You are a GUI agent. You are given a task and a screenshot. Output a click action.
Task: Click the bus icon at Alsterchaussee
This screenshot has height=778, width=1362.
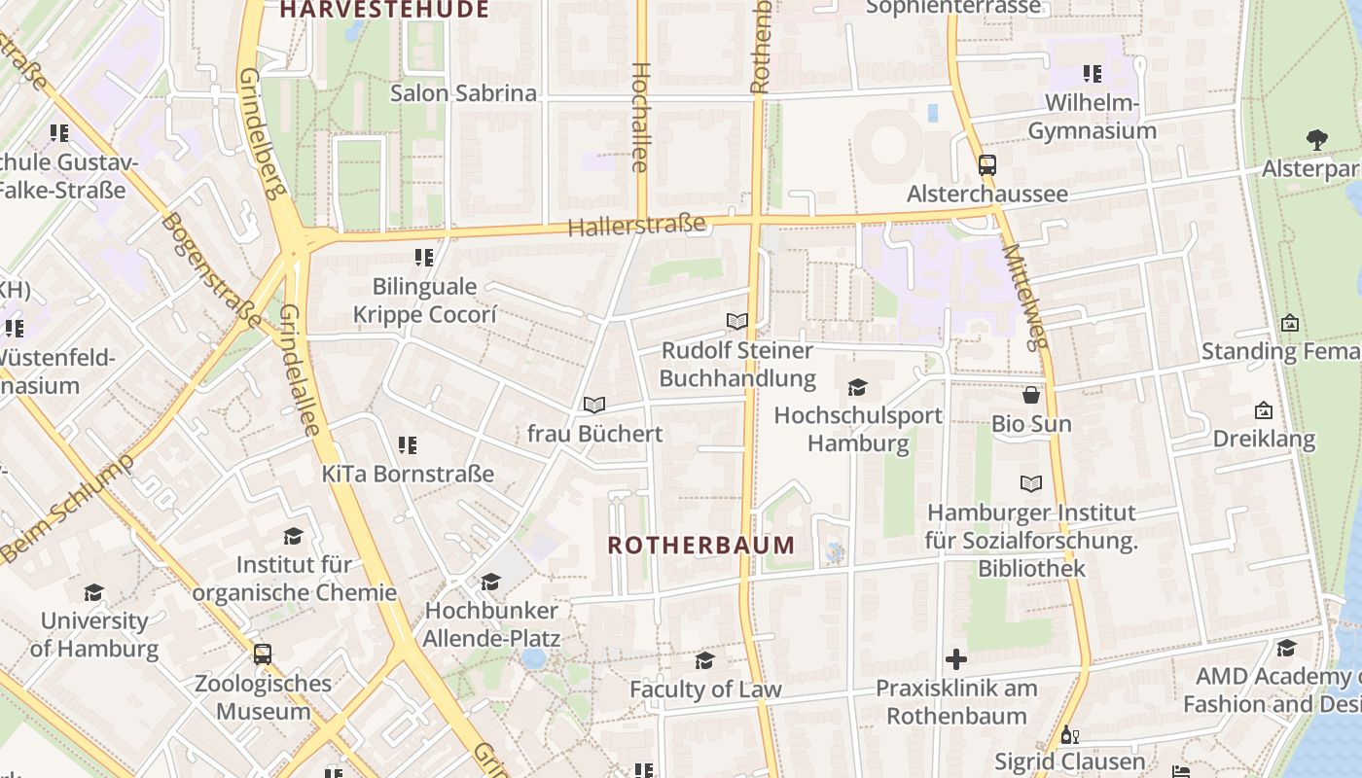(x=986, y=164)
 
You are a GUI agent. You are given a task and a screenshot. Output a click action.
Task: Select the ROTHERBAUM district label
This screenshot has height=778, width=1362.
(x=701, y=545)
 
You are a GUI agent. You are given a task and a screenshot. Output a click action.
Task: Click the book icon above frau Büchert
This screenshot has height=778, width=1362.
(x=594, y=405)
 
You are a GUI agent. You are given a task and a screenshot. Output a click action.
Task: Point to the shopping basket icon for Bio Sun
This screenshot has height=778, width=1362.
(x=1031, y=395)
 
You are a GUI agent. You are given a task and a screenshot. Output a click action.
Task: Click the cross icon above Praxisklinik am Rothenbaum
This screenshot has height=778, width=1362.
(x=956, y=659)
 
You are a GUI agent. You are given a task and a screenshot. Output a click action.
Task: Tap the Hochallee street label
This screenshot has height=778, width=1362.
(x=640, y=117)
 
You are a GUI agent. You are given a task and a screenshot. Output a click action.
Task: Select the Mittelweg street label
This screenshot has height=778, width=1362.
(x=1026, y=296)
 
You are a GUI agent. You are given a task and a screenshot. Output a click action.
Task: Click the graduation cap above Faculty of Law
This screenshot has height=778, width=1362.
(x=704, y=661)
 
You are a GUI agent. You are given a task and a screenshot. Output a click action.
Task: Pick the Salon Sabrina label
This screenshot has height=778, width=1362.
(x=463, y=93)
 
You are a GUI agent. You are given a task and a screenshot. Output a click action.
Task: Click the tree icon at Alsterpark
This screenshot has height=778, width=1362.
(x=1316, y=140)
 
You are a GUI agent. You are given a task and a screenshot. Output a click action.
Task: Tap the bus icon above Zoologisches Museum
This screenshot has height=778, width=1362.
(x=263, y=654)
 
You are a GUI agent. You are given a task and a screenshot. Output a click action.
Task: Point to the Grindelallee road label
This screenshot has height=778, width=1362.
(x=301, y=370)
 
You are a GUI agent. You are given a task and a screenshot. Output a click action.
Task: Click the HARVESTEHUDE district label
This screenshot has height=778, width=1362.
(x=384, y=11)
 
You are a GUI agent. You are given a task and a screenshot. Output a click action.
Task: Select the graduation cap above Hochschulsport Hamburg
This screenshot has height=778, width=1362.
(x=857, y=387)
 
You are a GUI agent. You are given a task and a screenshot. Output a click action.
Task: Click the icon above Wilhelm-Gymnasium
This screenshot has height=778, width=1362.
(x=1092, y=74)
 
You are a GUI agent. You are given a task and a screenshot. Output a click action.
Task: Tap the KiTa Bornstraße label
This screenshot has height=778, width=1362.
(x=408, y=474)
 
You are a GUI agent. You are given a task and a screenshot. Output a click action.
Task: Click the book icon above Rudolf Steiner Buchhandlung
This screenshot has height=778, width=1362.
(x=737, y=321)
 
